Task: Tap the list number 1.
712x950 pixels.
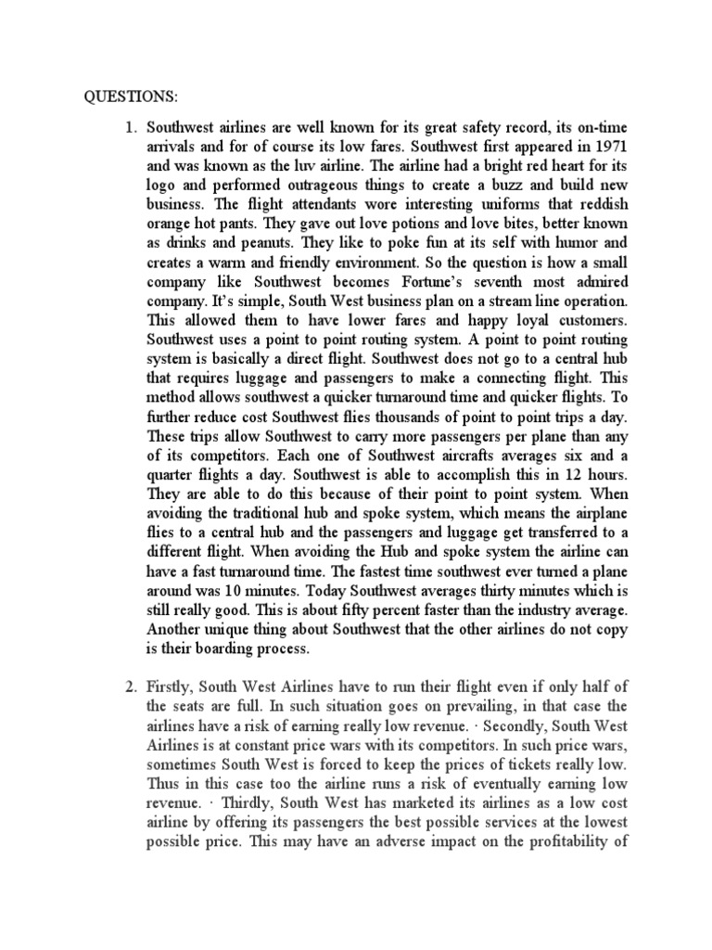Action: tap(130, 127)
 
